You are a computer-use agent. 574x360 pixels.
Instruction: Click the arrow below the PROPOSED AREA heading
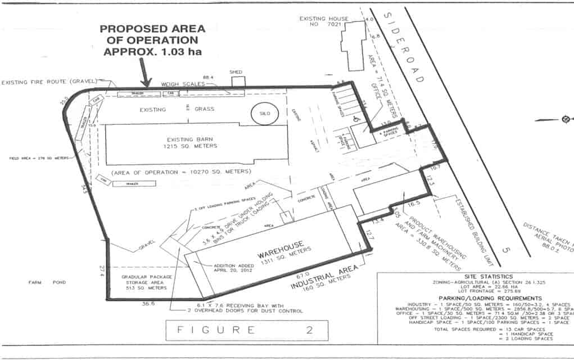(145, 74)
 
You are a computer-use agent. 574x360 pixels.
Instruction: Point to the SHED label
(236, 72)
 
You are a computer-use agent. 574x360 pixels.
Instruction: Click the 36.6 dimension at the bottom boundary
(148, 304)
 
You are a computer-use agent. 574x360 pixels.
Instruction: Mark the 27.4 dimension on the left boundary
(101, 268)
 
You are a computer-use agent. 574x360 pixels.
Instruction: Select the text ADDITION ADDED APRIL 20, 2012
(231, 268)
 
